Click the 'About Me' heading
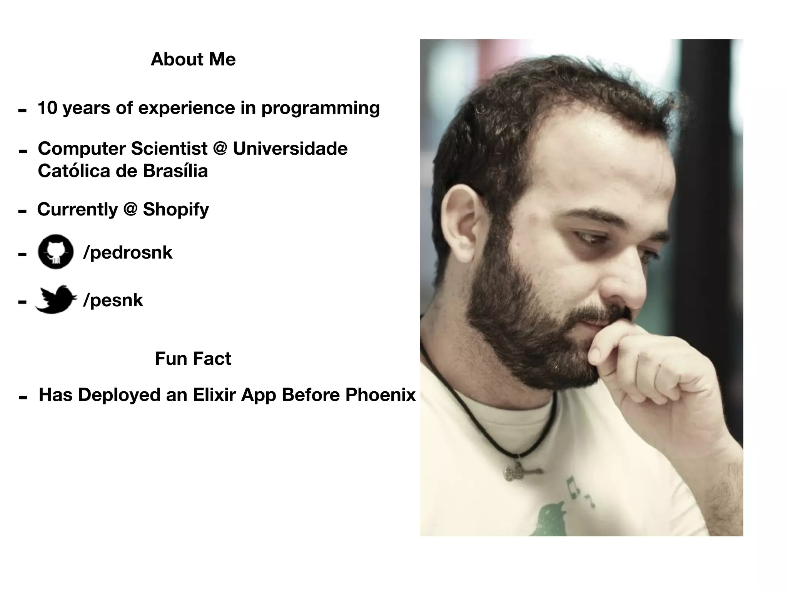click(193, 59)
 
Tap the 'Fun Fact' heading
click(193, 359)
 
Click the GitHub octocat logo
click(56, 252)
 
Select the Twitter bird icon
click(56, 299)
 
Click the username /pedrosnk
click(128, 252)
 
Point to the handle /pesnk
click(113, 300)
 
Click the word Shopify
click(176, 209)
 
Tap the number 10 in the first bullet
click(47, 108)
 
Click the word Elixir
click(214, 395)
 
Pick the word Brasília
click(175, 171)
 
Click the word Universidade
click(290, 149)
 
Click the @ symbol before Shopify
click(130, 209)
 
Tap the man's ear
click(464, 223)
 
